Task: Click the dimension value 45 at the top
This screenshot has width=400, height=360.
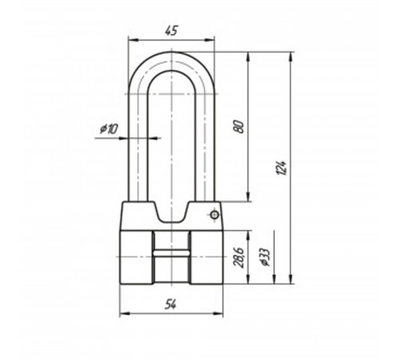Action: click(171, 30)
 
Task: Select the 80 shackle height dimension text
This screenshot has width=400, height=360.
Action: click(238, 127)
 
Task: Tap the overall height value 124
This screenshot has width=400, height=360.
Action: click(282, 167)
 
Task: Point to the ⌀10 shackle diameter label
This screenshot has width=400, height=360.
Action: click(109, 129)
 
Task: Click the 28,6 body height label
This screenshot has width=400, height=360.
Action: click(238, 258)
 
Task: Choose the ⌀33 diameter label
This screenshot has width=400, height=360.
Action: click(265, 257)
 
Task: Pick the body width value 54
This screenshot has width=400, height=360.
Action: click(170, 304)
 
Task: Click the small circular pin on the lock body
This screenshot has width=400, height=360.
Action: click(214, 214)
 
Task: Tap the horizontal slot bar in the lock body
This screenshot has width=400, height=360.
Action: click(171, 253)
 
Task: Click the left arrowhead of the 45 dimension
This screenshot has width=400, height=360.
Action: click(134, 40)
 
